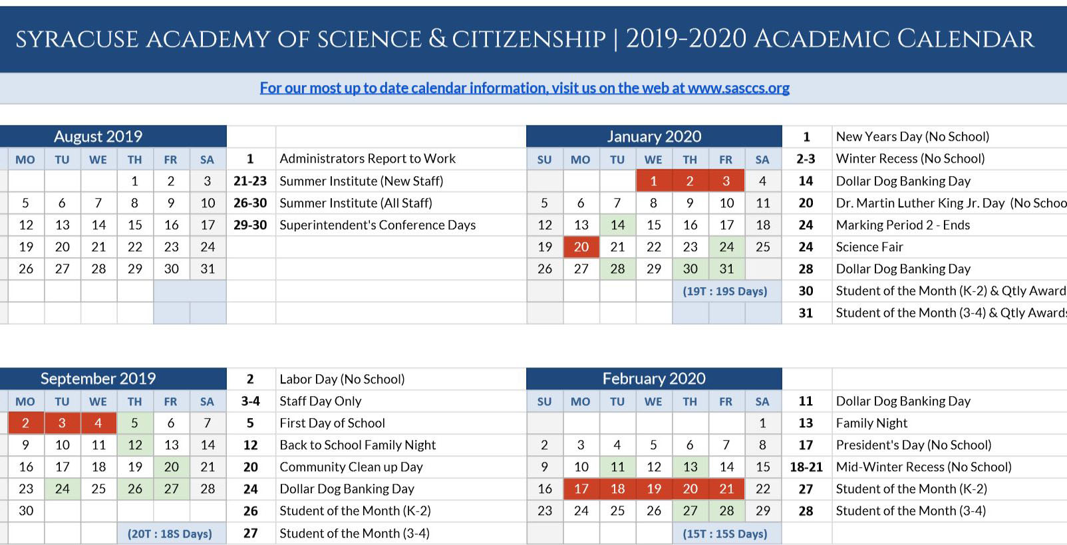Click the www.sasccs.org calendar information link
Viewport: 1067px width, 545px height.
tap(524, 88)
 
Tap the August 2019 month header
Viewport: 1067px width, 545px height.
tap(98, 136)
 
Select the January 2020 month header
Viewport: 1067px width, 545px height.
tap(654, 136)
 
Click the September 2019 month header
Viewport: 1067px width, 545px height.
tap(98, 378)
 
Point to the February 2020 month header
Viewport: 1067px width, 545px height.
tap(654, 378)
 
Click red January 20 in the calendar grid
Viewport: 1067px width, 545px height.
tap(581, 247)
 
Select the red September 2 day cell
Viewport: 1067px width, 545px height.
tap(25, 423)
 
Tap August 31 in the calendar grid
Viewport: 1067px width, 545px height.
tap(208, 269)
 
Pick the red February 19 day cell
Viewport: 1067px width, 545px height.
tap(654, 489)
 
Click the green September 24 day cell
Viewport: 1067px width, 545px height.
tap(62, 489)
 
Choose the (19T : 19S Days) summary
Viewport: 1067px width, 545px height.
tap(725, 291)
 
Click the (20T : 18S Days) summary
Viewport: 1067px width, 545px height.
tap(170, 534)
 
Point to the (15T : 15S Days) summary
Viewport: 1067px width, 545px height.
tap(725, 534)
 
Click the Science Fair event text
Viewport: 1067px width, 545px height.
tap(869, 247)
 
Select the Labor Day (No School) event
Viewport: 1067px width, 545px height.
tap(342, 379)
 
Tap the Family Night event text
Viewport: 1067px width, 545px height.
tap(871, 423)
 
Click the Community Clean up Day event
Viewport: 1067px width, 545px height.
tap(351, 467)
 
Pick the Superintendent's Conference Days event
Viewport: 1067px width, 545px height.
tap(377, 225)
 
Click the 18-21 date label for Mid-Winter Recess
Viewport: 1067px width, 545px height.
tap(806, 467)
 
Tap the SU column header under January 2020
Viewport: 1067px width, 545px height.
tap(544, 160)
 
